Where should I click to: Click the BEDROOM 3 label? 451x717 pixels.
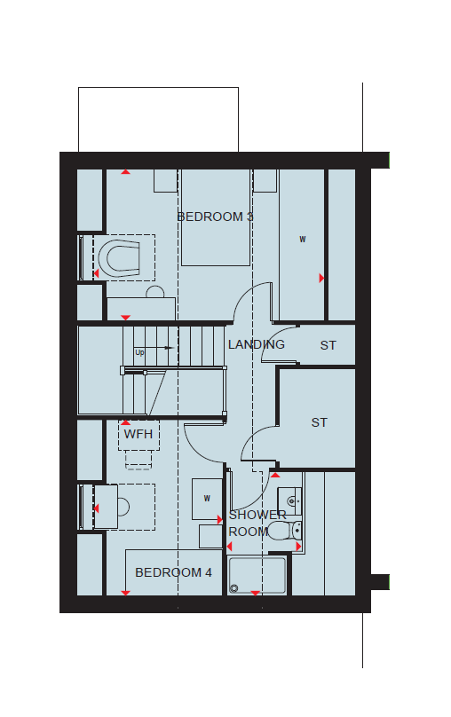click(x=215, y=217)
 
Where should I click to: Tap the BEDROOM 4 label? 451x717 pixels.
click(x=173, y=572)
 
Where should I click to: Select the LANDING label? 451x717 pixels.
click(x=257, y=344)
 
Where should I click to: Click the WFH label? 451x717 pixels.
click(x=138, y=434)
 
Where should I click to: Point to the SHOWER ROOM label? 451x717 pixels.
click(x=257, y=524)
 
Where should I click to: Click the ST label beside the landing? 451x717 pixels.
click(x=328, y=345)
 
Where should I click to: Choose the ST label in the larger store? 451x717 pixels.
click(x=320, y=422)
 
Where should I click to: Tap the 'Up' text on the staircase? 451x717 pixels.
click(x=139, y=352)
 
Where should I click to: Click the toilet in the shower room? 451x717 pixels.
click(x=284, y=531)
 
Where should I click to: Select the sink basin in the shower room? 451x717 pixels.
click(x=290, y=501)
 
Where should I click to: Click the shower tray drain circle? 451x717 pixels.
click(x=234, y=588)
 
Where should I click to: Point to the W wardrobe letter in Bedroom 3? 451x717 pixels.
click(x=303, y=240)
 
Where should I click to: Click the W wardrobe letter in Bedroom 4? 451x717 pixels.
click(x=207, y=499)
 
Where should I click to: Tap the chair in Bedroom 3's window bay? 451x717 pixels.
click(x=118, y=258)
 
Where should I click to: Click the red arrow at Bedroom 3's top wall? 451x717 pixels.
click(x=125, y=172)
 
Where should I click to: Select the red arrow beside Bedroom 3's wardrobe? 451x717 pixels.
click(x=321, y=278)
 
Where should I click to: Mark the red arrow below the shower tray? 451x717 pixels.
click(x=255, y=593)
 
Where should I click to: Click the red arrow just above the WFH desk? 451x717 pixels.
click(x=125, y=423)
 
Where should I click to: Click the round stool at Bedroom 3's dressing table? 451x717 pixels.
click(x=155, y=292)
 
